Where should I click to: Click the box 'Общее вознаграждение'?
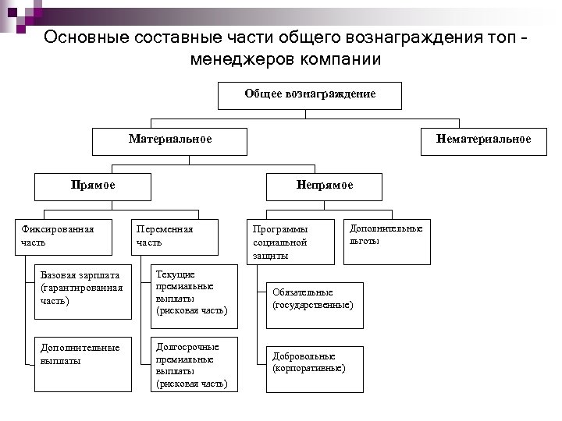point(310,95)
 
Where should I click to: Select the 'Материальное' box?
point(170,140)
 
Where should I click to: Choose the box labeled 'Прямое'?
point(92,186)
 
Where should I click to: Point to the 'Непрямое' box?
point(324,186)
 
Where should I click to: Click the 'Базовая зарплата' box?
point(83,291)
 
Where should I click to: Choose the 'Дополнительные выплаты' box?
point(83,364)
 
